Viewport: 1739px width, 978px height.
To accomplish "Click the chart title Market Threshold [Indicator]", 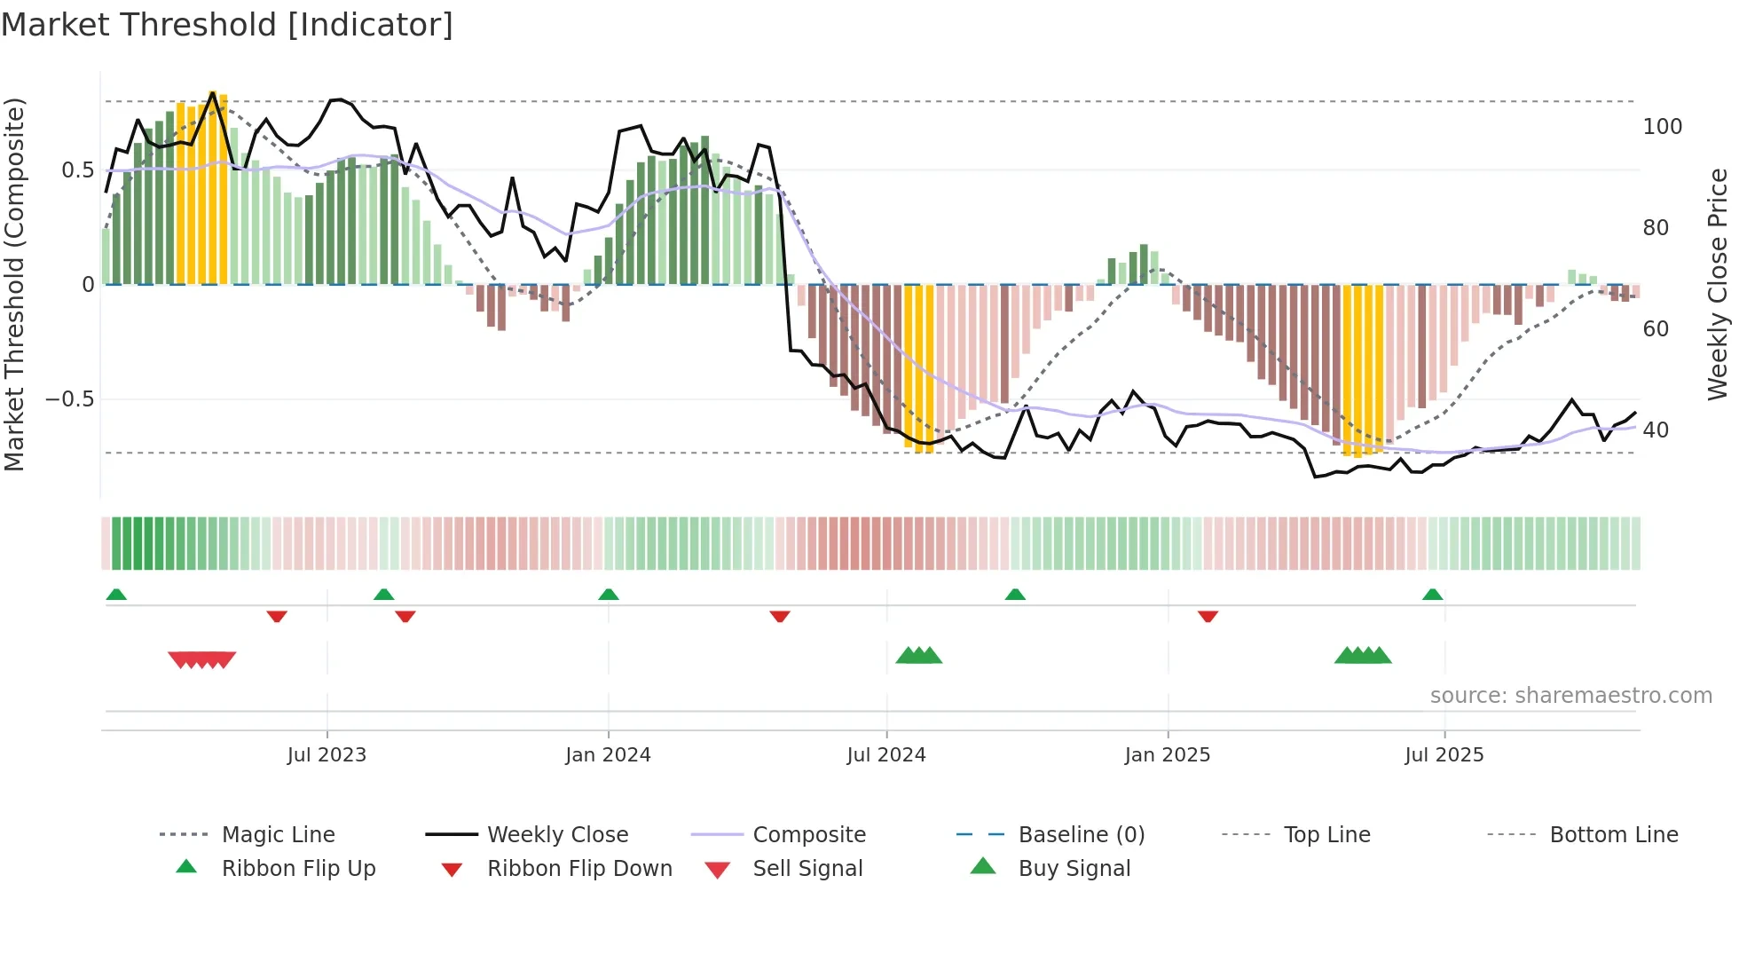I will pos(227,25).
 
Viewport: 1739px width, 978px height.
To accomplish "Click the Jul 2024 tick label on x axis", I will pos(885,755).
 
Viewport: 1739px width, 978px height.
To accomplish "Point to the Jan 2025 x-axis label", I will pos(1167,755).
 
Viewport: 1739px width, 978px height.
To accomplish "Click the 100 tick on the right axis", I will pos(1662,127).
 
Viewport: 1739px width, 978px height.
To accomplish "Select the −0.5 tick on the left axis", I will pos(69,399).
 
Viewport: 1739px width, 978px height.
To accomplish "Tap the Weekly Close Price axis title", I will pos(1718,284).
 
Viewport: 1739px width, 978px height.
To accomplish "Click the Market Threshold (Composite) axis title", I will pos(14,284).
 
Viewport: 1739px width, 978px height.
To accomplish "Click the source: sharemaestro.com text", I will pos(1570,696).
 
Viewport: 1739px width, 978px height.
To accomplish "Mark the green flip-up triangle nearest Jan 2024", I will pos(609,595).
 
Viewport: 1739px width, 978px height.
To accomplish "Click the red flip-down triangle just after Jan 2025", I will pos(1208,616).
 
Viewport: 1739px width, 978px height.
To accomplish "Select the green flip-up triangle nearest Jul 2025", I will pos(1432,595).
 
